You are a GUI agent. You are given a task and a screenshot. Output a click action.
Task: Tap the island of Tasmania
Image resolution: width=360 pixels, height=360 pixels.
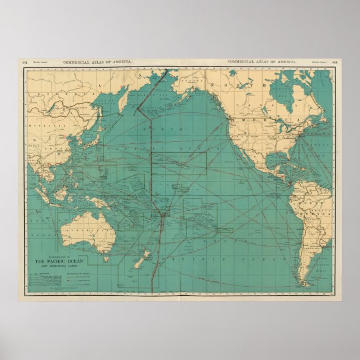point(105,259)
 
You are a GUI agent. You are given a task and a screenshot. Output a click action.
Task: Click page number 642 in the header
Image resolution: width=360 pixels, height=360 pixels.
point(25,62)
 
